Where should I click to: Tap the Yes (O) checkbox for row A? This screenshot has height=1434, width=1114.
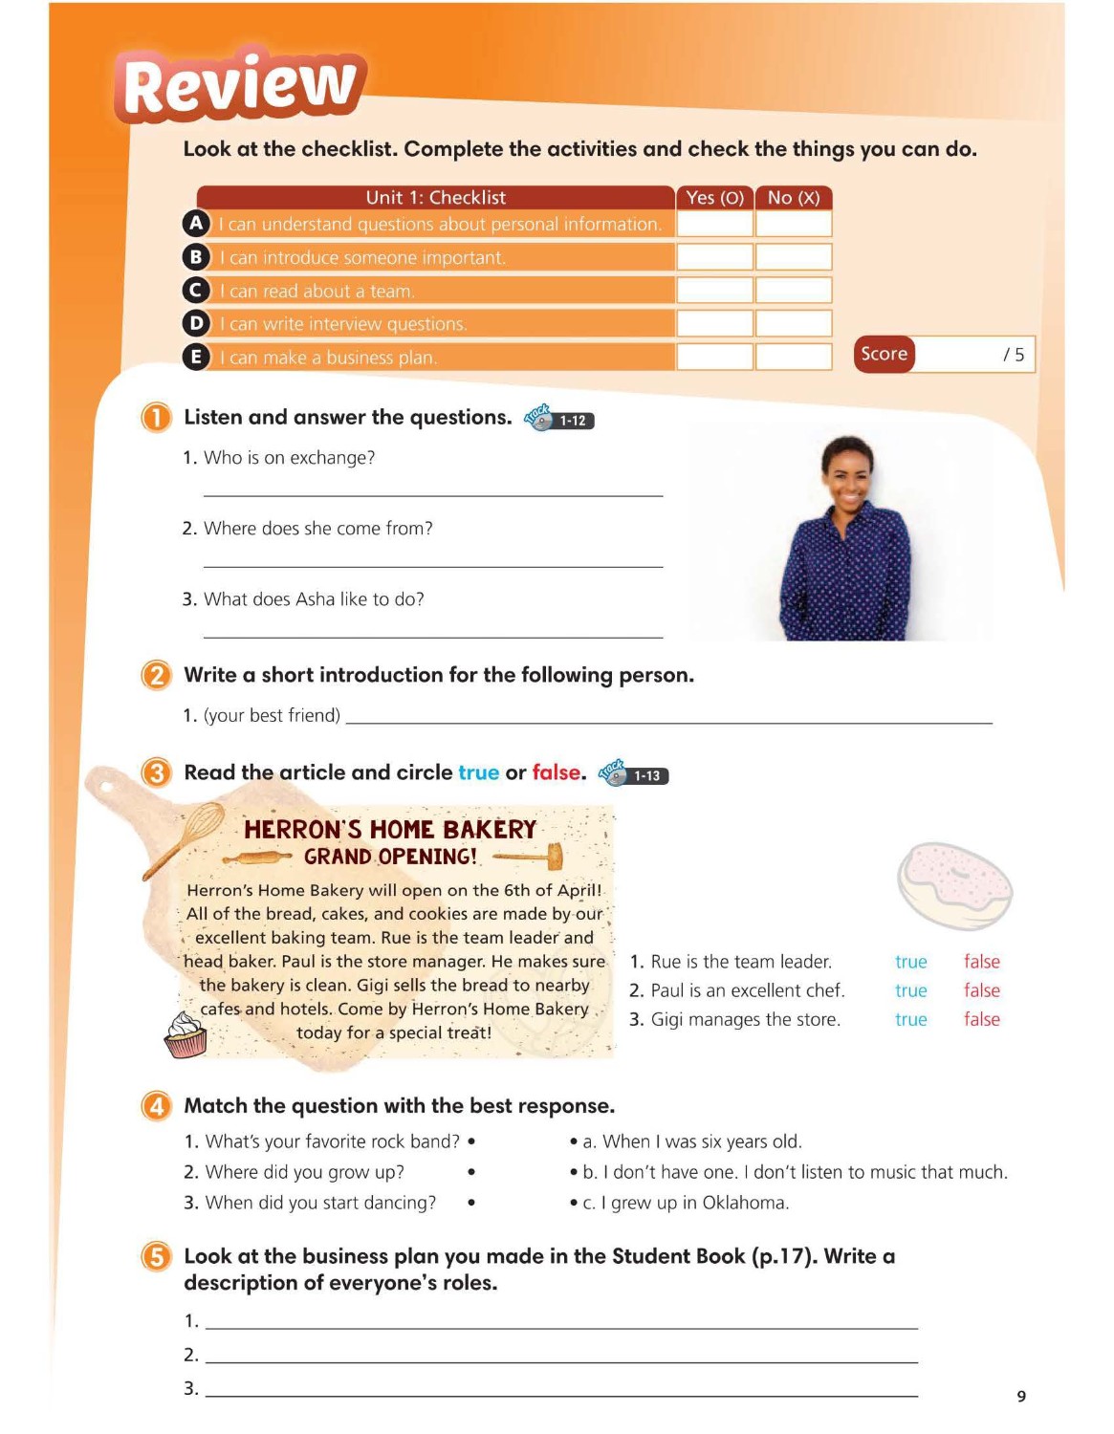coord(714,224)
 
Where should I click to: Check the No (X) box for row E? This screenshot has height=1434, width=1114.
coord(793,357)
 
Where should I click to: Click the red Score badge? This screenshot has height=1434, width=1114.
coord(884,354)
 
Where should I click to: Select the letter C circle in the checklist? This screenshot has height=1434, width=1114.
coord(196,290)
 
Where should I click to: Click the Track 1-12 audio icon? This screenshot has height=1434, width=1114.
coord(559,419)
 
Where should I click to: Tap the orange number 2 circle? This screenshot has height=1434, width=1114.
coord(156,675)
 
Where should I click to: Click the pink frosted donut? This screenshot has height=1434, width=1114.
coord(954,884)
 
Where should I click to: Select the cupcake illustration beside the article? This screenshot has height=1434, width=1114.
coord(186,1034)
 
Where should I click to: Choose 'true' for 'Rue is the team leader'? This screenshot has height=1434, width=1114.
coord(910,962)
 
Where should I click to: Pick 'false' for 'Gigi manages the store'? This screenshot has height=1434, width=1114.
coord(981,1019)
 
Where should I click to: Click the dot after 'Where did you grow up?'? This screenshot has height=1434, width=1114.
coord(471,1172)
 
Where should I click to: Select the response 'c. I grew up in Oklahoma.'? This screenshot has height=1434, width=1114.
coord(685,1203)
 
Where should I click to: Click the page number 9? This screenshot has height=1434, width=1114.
coord(1021,1396)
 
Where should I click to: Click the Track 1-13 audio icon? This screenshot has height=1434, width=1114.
coord(633,774)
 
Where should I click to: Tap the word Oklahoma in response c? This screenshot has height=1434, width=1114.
coord(745,1203)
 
